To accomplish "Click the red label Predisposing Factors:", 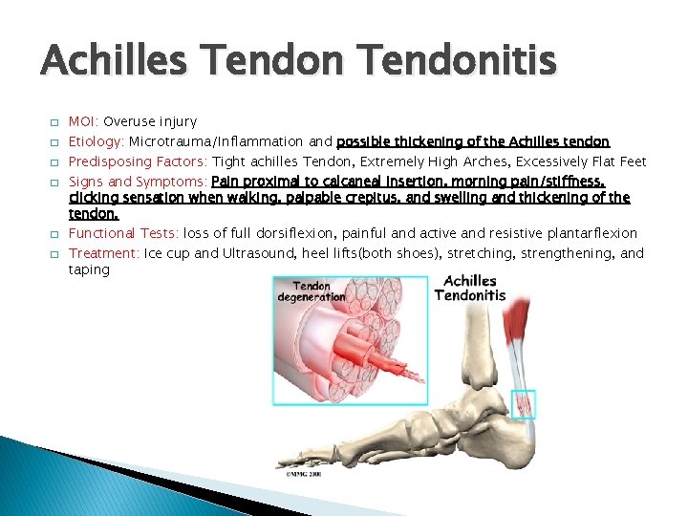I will point(139,161).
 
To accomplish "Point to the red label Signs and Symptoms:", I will point(138,181).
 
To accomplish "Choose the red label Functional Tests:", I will point(124,233).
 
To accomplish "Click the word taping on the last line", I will point(89,269).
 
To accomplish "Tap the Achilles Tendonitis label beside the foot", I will point(469,288).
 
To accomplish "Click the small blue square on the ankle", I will point(523,404).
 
